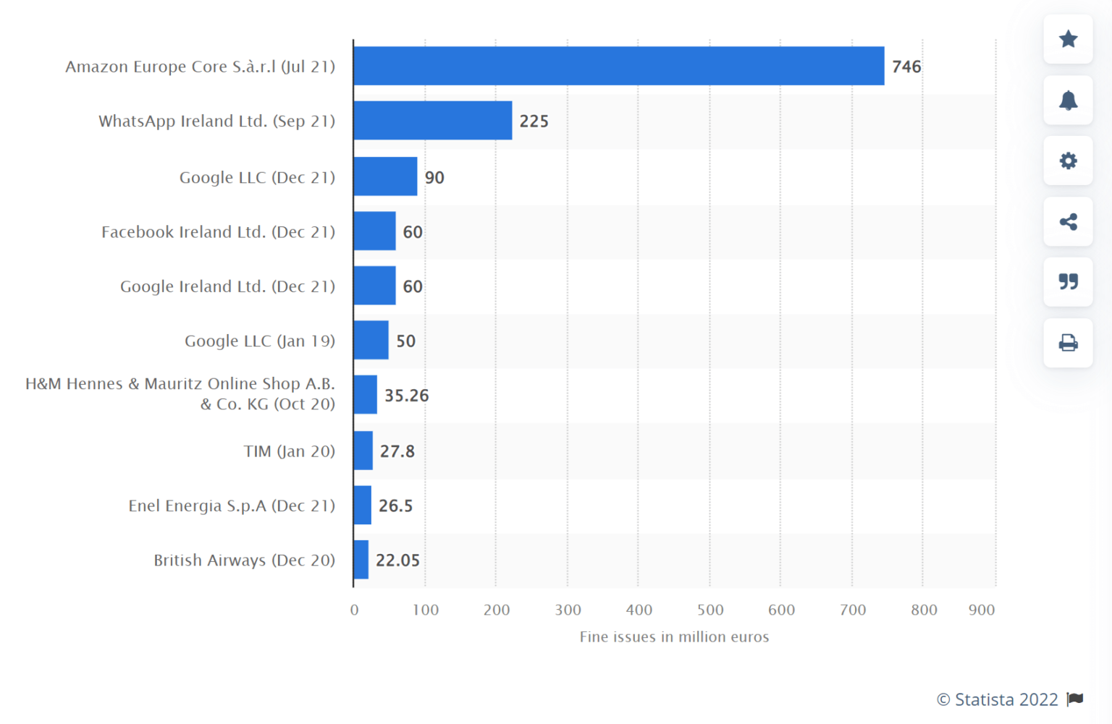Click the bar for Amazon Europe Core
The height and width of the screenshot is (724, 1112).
[618, 66]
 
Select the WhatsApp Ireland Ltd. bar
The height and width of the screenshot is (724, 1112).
[432, 121]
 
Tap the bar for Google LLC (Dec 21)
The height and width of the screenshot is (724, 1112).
[385, 176]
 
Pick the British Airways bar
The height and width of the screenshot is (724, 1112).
[361, 560]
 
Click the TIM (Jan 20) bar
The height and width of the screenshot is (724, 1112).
[363, 451]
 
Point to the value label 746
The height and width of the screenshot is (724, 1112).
[906, 67]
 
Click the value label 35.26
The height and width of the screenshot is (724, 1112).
[406, 396]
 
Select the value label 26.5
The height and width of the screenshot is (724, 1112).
[395, 506]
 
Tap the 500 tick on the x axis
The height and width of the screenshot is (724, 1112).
[710, 610]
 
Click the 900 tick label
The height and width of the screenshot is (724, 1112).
[981, 610]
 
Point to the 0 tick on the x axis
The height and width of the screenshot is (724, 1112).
[354, 610]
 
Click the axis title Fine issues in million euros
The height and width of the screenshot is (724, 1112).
[674, 636]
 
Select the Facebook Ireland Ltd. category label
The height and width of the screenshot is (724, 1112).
[218, 232]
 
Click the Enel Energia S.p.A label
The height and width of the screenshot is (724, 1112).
[232, 506]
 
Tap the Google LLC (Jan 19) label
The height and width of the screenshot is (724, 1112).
[259, 341]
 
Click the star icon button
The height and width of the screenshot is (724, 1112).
[1068, 39]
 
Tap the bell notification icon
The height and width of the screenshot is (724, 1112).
[1068, 100]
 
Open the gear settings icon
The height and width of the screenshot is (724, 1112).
[1068, 161]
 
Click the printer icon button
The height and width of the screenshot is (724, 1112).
[1068, 342]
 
